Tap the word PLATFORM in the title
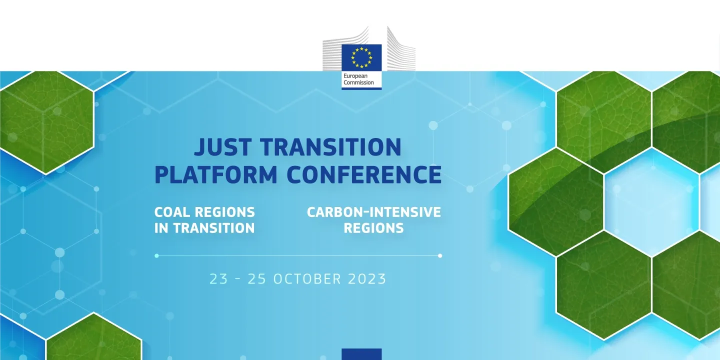click(x=216, y=174)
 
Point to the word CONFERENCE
click(x=364, y=174)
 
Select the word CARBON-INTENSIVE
click(x=373, y=212)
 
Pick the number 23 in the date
click(x=218, y=278)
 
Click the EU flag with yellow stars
click(x=361, y=57)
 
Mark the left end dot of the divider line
click(x=156, y=255)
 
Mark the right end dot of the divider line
click(x=440, y=255)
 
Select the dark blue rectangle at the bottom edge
click(x=361, y=354)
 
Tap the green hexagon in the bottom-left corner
click(x=93, y=340)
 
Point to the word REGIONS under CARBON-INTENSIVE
click(x=373, y=228)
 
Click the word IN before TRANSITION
click(x=161, y=228)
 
